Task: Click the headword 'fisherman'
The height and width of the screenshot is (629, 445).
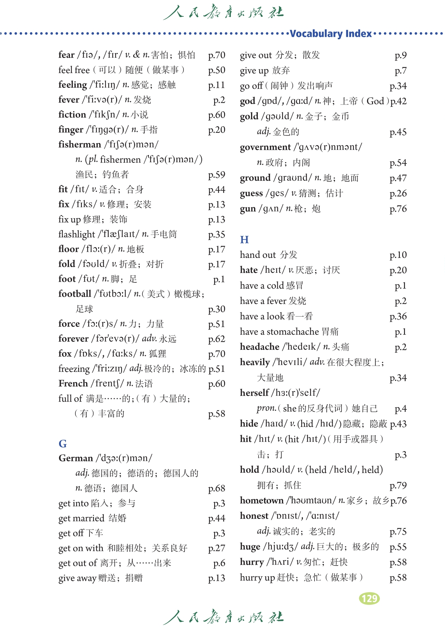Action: point(80,144)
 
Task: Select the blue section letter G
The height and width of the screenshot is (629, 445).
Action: point(62,444)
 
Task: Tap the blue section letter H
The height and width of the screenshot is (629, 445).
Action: point(244,239)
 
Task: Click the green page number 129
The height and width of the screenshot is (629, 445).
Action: point(369,598)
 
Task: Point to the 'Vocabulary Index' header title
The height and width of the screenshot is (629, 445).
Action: point(330,33)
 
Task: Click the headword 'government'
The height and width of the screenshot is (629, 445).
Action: point(265,147)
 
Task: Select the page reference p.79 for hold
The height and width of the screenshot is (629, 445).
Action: point(398,485)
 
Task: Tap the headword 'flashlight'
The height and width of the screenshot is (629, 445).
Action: point(77,234)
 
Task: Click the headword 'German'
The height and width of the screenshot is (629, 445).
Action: point(76,458)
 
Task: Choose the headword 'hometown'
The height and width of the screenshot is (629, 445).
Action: point(262,500)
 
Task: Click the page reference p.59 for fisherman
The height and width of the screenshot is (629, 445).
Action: point(217,174)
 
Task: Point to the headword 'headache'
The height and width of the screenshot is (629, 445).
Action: point(260,347)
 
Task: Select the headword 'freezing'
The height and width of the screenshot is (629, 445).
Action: point(74,369)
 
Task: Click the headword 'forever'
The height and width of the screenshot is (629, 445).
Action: point(73,339)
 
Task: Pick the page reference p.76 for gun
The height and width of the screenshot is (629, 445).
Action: point(398,209)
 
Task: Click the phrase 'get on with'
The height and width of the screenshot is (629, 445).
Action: point(81,548)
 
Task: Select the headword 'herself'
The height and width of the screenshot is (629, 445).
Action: point(254,393)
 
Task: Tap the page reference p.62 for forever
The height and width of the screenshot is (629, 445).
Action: point(217,339)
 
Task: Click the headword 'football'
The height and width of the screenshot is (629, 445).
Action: point(75,294)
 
